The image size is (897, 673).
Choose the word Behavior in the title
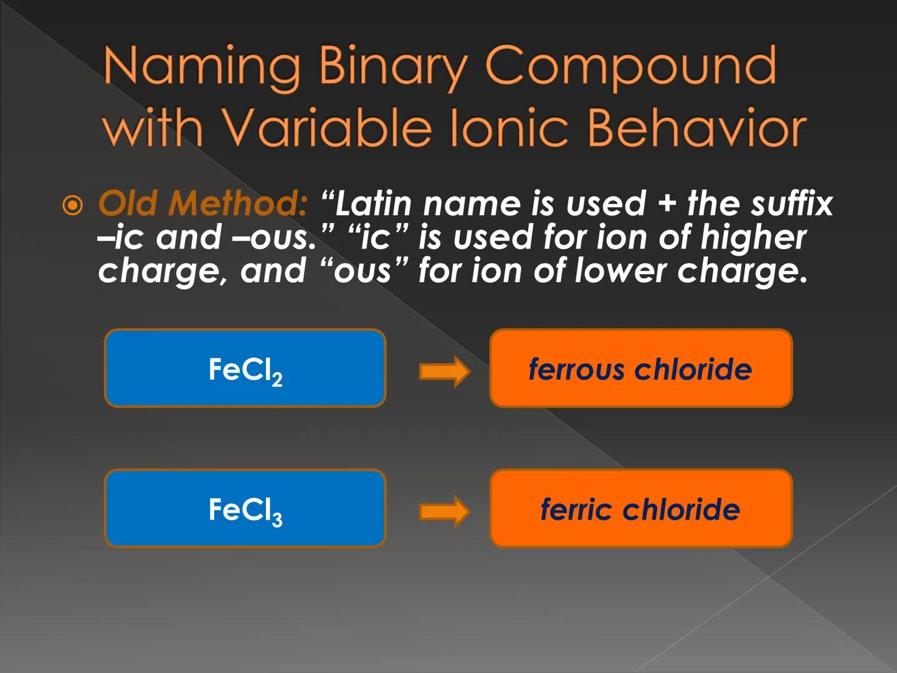(x=696, y=128)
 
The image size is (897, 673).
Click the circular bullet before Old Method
(x=73, y=205)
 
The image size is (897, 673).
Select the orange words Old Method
(x=202, y=203)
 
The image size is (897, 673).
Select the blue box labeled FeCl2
(x=245, y=368)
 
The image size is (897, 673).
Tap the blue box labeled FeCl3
(x=245, y=508)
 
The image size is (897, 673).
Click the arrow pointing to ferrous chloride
(x=445, y=371)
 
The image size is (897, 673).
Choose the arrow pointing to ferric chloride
(x=445, y=511)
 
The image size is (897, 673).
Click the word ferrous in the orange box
(x=576, y=369)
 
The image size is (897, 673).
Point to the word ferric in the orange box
(x=576, y=509)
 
